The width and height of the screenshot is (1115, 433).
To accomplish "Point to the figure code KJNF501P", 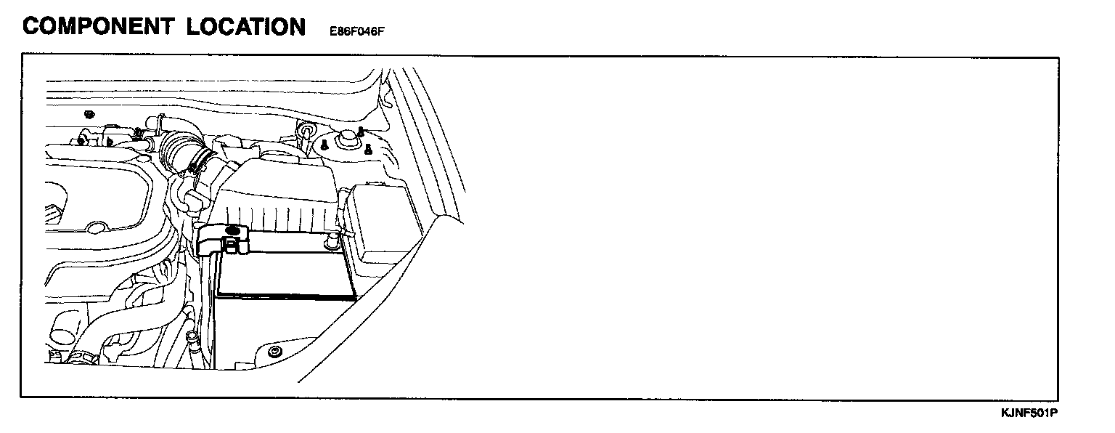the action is tap(1029, 413).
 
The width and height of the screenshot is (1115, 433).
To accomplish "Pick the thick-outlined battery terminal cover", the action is tap(221, 240).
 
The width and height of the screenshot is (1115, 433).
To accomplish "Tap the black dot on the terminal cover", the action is tap(232, 231).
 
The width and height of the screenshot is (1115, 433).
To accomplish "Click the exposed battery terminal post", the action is tap(332, 239).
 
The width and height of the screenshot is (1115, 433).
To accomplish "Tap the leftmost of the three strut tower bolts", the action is tap(324, 146).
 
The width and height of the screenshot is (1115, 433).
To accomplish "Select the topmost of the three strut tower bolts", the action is tap(361, 131).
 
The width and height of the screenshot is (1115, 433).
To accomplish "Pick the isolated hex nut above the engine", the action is tap(88, 114).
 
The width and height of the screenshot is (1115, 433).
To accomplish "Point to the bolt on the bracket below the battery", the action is tap(274, 353).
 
